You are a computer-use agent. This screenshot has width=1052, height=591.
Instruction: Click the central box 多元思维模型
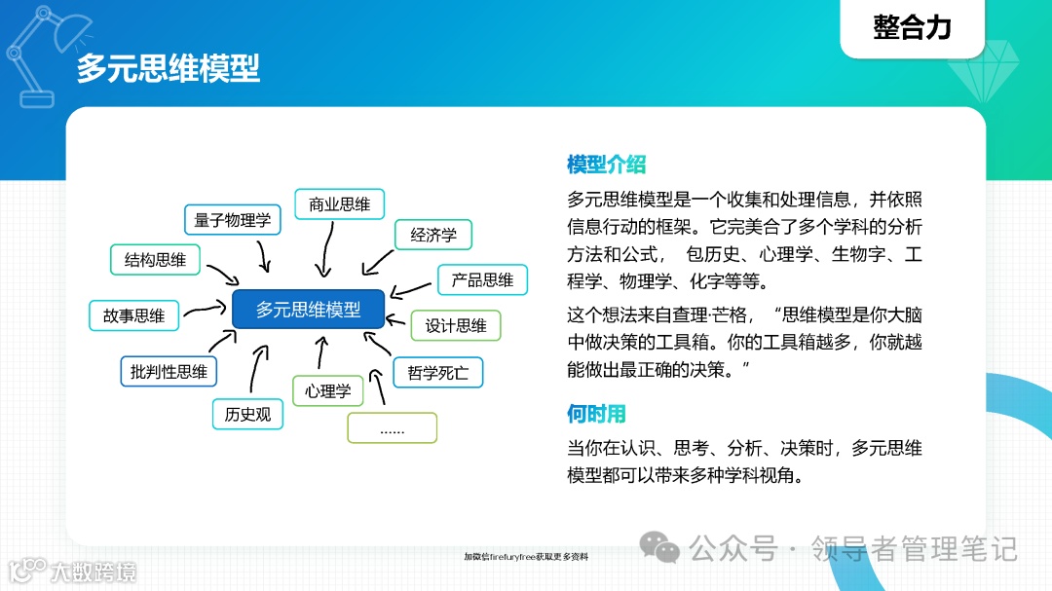[309, 311]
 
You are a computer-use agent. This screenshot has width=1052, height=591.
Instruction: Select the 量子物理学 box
[233, 220]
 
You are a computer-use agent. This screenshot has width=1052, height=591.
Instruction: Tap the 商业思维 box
[340, 204]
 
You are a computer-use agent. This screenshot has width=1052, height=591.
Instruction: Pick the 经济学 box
[433, 236]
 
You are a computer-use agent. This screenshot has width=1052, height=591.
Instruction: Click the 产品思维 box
[482, 280]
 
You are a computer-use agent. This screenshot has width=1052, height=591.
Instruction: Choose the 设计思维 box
[456, 326]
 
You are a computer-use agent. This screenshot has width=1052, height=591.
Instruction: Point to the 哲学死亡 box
[438, 373]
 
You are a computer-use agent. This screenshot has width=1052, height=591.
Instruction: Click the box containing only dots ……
[393, 428]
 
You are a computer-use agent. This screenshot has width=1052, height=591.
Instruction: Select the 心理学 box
[327, 391]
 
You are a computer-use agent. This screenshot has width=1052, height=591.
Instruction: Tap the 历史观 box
[247, 415]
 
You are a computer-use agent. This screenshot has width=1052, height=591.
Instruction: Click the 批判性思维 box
[169, 372]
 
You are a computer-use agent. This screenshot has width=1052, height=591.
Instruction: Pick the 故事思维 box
[134, 315]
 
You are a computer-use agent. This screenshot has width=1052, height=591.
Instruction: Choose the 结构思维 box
[155, 260]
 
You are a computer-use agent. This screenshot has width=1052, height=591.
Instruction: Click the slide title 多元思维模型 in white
[169, 68]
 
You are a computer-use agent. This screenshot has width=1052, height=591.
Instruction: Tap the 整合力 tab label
[912, 27]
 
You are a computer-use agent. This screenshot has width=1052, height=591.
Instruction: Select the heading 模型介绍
[606, 165]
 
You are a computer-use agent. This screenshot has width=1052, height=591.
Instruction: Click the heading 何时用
[596, 414]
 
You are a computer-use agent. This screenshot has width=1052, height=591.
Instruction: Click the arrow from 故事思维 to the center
[205, 311]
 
